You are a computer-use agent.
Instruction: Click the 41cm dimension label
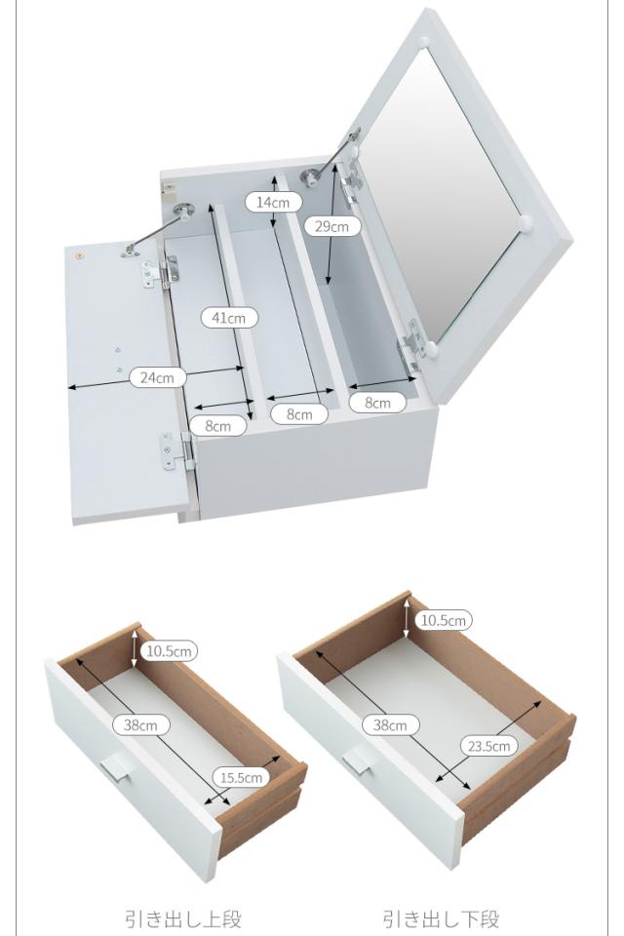[x=229, y=318]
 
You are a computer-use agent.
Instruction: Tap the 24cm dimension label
[x=158, y=377]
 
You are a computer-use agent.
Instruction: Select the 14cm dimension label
[x=273, y=202]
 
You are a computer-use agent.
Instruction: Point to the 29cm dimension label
[x=332, y=226]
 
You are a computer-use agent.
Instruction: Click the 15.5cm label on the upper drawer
[x=241, y=777]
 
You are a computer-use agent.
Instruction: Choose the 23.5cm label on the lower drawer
[x=489, y=746]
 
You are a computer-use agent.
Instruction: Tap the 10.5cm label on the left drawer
[x=170, y=650]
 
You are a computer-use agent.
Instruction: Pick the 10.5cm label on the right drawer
[x=444, y=620]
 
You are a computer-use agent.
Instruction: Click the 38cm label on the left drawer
[x=141, y=725]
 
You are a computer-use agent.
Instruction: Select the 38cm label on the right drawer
[x=391, y=725]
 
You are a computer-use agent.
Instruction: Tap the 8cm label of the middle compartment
[x=299, y=414]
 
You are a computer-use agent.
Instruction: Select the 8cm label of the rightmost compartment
[x=377, y=403]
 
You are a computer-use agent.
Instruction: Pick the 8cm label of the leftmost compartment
[x=218, y=426]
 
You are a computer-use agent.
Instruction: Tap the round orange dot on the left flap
[x=79, y=256]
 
